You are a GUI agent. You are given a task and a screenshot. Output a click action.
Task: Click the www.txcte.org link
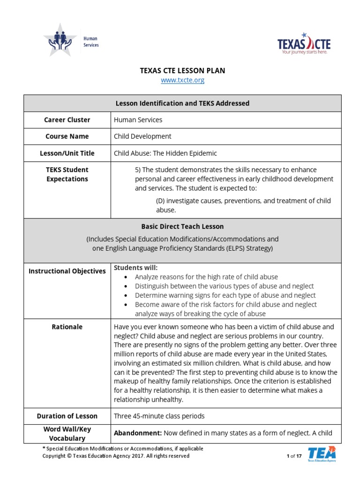click(182, 80)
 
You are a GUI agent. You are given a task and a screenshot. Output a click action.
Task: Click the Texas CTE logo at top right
click(304, 44)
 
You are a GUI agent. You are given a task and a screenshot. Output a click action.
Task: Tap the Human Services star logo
click(60, 41)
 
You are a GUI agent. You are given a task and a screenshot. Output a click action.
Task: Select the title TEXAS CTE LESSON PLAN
click(182, 71)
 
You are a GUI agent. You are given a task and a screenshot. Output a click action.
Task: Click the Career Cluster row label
click(67, 120)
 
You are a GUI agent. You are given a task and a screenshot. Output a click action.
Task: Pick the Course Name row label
click(67, 136)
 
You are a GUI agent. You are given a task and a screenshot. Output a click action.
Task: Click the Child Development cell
click(142, 136)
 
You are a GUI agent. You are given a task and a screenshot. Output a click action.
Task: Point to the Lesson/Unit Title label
click(67, 153)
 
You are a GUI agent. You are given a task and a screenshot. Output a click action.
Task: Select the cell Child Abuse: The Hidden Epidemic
click(165, 153)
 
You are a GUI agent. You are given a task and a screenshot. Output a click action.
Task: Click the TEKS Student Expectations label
click(67, 174)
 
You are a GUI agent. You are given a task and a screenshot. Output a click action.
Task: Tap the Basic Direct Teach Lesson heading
click(182, 226)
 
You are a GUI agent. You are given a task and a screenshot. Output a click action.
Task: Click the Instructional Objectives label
click(67, 271)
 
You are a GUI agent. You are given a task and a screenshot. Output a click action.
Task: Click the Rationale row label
click(67, 327)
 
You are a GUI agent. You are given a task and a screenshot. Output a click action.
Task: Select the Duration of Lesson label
click(67, 416)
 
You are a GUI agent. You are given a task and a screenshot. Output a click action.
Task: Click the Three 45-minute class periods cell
click(159, 416)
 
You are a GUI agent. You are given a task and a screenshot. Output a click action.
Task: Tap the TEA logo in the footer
click(322, 454)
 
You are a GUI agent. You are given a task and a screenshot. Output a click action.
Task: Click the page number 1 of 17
click(293, 456)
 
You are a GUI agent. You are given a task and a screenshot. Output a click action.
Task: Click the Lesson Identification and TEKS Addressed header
click(182, 103)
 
